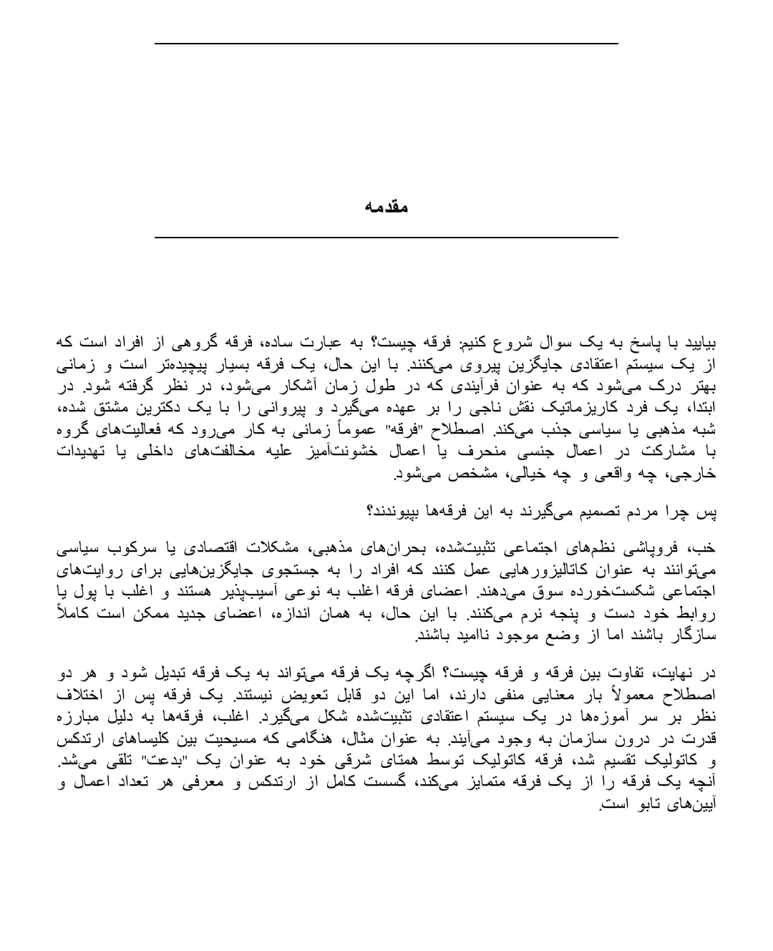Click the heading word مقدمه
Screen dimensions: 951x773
[386, 207]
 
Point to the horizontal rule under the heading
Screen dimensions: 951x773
[386, 237]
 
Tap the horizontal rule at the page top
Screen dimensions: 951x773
[386, 44]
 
